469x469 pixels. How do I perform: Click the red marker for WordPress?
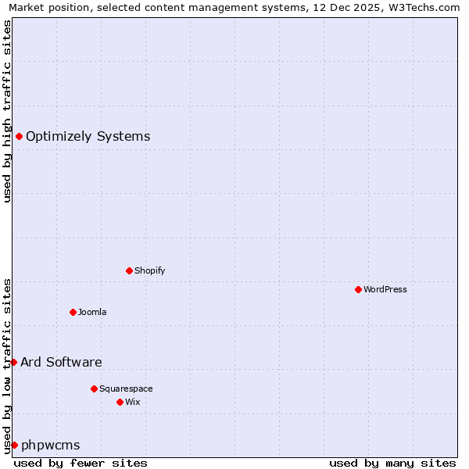[358, 289]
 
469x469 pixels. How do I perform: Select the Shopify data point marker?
[129, 270]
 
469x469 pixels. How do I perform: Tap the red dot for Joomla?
[73, 312]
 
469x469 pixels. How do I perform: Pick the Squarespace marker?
[94, 388]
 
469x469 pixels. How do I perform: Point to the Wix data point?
[120, 402]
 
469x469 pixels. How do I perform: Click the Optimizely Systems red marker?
[19, 136]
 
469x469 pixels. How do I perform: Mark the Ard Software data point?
[13, 362]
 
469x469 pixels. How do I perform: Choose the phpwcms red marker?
[14, 445]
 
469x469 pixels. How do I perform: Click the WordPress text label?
[385, 289]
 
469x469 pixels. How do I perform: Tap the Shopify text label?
[149, 270]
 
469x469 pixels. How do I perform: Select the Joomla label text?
[92, 312]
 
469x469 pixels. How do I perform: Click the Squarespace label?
[126, 388]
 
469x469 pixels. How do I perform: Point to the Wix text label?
[133, 402]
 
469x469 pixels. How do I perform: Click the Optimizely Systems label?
[88, 136]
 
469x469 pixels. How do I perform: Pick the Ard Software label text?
[61, 362]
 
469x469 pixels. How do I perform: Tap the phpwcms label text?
[51, 445]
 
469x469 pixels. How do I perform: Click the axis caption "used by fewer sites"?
[81, 463]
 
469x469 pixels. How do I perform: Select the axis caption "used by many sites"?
[392, 463]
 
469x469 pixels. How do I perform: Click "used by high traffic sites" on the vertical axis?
[8, 111]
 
